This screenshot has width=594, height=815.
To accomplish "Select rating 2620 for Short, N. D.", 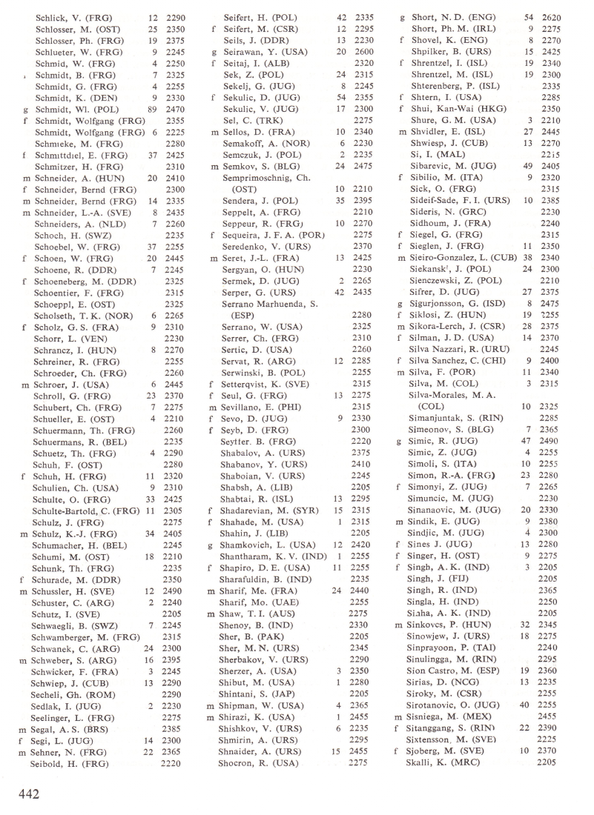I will point(550,16).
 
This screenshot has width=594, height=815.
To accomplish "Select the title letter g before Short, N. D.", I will point(401,16).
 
